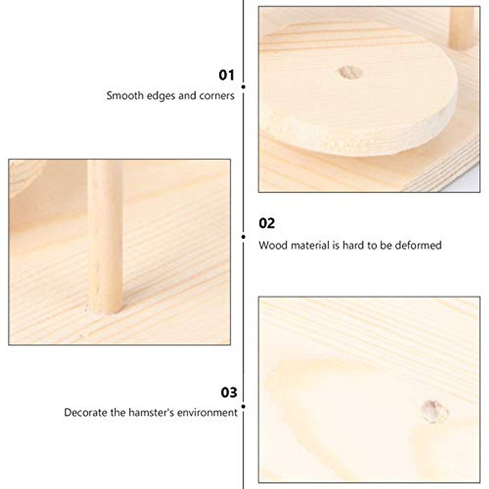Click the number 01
[x=227, y=75]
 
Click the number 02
[x=267, y=223]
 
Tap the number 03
[x=229, y=392]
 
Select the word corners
[x=217, y=96]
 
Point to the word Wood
[x=271, y=245]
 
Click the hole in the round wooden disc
[x=350, y=73]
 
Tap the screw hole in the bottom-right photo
[x=434, y=411]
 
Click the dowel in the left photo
[x=105, y=228]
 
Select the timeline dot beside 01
[x=243, y=86]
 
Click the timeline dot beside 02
[x=243, y=236]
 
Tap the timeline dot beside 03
[x=243, y=406]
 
